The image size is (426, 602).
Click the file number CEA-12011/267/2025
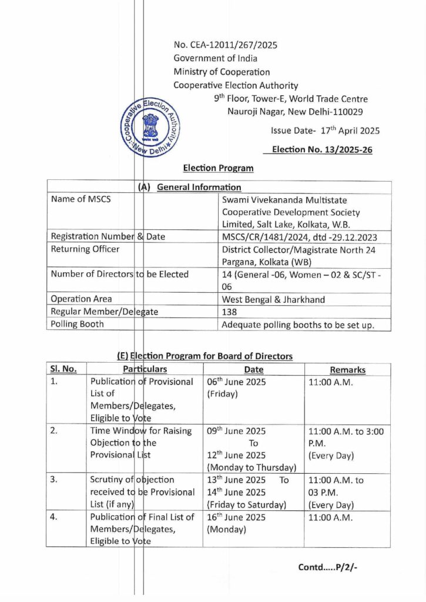pyautogui.click(x=225, y=45)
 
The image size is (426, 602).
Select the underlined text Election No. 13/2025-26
pyautogui.click(x=321, y=149)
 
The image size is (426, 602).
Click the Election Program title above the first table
pyautogui.click(x=219, y=168)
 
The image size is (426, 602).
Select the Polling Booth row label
pyautogui.click(x=78, y=324)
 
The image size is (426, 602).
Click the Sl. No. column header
pyautogui.click(x=63, y=369)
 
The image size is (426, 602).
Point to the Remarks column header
pyautogui.click(x=347, y=370)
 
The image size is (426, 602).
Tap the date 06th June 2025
pyautogui.click(x=237, y=382)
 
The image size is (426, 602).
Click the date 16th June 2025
pyautogui.click(x=236, y=517)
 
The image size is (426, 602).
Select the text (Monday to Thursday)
pyautogui.click(x=251, y=467)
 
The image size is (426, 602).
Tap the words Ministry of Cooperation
pyautogui.click(x=222, y=72)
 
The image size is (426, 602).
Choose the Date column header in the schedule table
pyautogui.click(x=253, y=370)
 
